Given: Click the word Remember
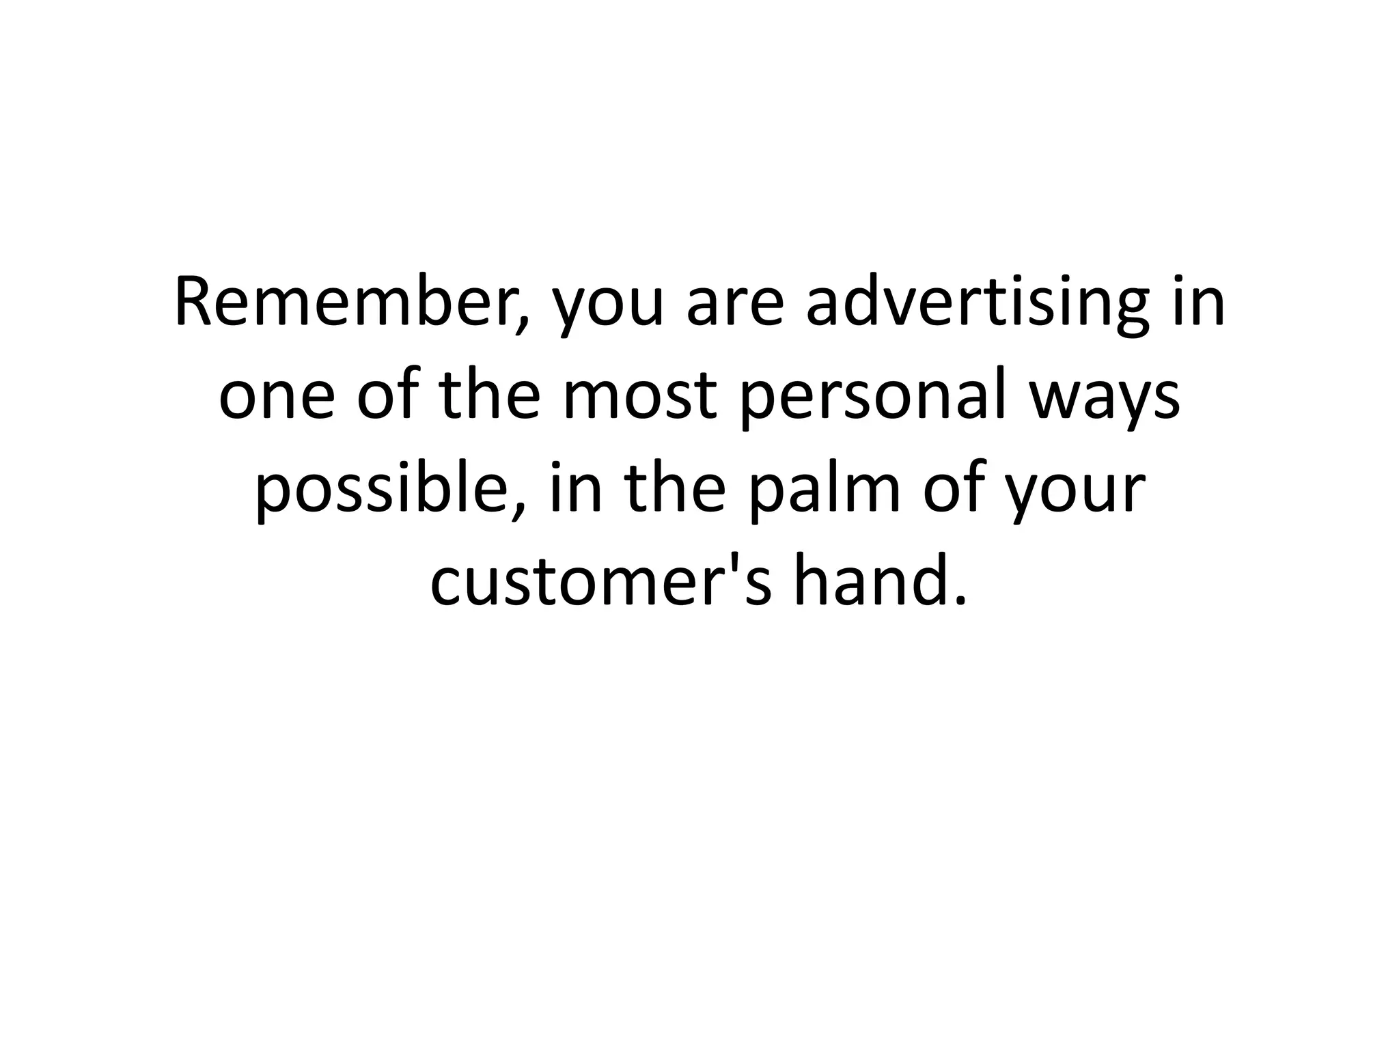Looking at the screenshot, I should (x=348, y=303).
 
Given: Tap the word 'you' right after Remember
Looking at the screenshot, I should (x=607, y=311).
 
